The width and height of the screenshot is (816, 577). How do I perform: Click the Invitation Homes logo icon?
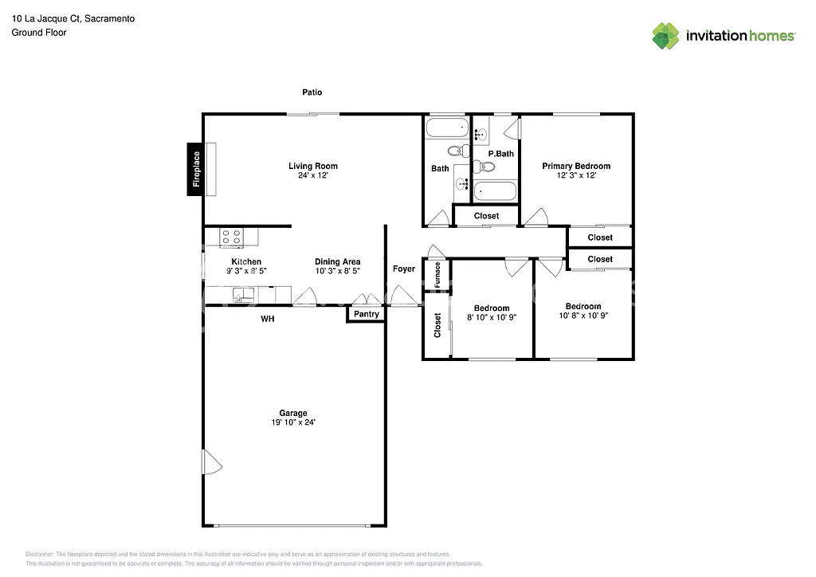click(665, 36)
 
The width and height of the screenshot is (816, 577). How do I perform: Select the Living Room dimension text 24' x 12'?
click(312, 175)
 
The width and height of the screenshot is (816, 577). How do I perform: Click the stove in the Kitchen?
click(232, 237)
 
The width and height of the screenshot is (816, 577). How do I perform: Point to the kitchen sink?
click(243, 295)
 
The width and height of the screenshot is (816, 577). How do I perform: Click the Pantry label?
click(366, 315)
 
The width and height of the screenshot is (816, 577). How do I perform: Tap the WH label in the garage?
click(268, 319)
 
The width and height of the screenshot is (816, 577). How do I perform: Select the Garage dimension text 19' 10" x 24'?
click(292, 422)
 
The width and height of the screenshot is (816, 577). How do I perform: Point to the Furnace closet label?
click(437, 275)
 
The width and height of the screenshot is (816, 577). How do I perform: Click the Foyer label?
click(404, 269)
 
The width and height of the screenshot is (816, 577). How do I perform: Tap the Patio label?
click(312, 92)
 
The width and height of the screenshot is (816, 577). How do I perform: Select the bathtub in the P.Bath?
click(495, 192)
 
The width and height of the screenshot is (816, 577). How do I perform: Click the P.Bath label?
click(500, 154)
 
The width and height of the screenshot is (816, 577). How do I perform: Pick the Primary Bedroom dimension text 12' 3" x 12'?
click(576, 175)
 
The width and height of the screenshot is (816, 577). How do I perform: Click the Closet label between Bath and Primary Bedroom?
click(486, 216)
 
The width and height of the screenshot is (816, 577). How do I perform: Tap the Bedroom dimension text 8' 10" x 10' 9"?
click(492, 317)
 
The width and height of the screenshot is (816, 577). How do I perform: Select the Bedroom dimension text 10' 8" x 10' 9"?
click(583, 316)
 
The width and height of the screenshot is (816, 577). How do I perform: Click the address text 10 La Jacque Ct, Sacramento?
click(73, 18)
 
